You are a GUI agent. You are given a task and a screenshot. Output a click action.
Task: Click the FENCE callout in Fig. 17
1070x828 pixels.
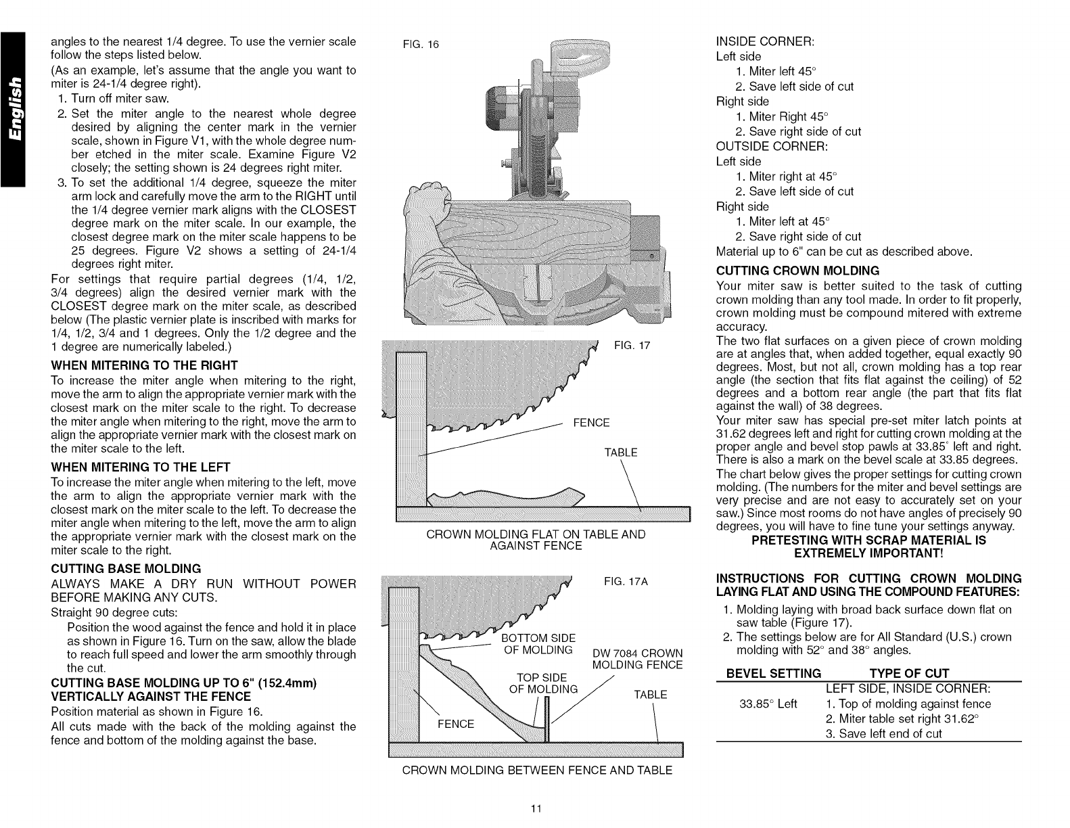point(591,423)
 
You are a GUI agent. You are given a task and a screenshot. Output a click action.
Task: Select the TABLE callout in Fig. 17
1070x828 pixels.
point(621,453)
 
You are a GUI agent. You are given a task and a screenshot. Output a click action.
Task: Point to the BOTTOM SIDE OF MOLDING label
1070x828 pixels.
point(539,644)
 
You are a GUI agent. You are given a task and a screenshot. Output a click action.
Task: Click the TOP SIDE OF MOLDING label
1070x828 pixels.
point(542,684)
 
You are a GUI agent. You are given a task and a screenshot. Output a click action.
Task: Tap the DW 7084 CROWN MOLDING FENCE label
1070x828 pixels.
point(637,659)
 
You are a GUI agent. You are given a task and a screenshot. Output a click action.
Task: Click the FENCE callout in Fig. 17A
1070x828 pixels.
point(456,724)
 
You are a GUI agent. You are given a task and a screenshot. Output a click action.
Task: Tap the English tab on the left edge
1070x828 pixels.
point(13,108)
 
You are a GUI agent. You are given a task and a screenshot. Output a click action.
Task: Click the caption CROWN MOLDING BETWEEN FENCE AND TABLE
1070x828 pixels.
point(537,770)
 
